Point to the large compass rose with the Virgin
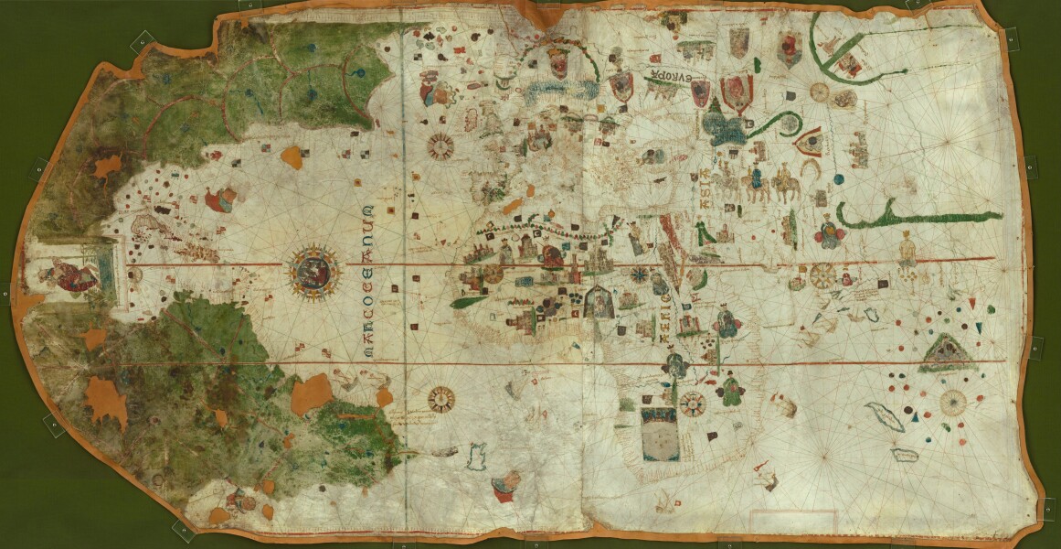tap(313, 269)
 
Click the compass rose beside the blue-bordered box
tap(693, 403)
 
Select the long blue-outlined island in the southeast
tap(885, 416)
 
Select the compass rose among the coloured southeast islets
tap(954, 400)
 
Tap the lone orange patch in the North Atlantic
tap(293, 157)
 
